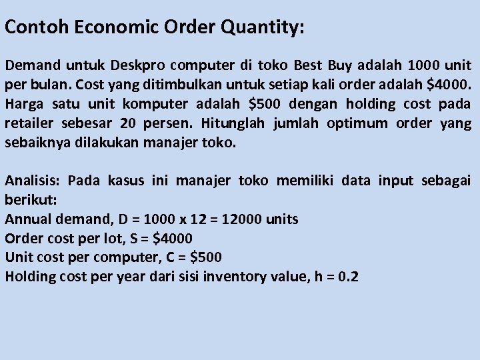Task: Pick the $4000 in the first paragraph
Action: (449, 85)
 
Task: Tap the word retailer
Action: (31, 123)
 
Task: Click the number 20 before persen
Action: (129, 123)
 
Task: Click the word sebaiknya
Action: (39, 143)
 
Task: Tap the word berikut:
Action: (32, 199)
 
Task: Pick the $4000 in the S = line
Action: (172, 238)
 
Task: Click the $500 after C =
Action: (205, 257)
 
